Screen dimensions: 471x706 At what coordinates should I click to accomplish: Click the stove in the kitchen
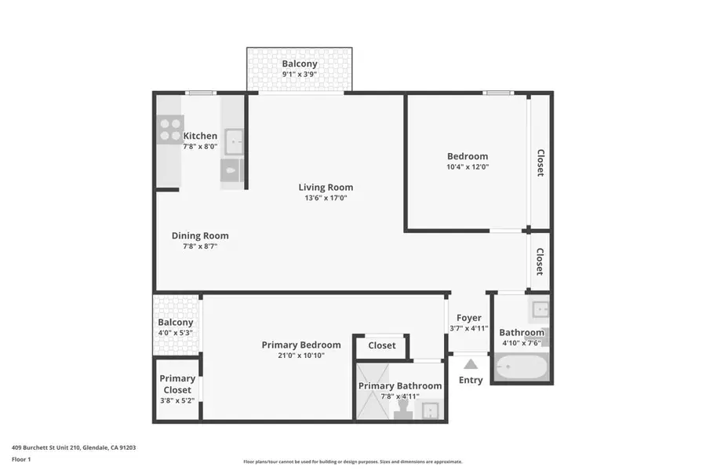click(169, 129)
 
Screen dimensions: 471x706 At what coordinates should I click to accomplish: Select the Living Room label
click(326, 187)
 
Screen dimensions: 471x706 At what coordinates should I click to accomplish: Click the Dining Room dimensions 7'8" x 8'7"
click(200, 246)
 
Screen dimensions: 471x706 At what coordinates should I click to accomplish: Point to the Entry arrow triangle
click(471, 363)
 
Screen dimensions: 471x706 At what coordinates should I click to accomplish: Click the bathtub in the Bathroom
click(520, 367)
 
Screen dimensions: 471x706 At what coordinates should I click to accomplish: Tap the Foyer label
click(469, 318)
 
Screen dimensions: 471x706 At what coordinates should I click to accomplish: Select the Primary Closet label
click(177, 384)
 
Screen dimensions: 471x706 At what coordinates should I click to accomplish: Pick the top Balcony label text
click(300, 64)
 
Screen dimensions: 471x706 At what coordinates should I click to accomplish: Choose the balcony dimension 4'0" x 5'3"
click(175, 333)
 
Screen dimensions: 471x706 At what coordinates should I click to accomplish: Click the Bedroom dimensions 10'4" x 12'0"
click(468, 166)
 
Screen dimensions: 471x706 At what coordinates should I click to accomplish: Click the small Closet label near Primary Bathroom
click(382, 345)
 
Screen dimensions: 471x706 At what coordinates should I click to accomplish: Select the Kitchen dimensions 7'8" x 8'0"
click(200, 147)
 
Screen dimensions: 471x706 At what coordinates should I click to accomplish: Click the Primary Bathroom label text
click(400, 385)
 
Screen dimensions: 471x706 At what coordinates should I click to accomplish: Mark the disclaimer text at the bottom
click(352, 462)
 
